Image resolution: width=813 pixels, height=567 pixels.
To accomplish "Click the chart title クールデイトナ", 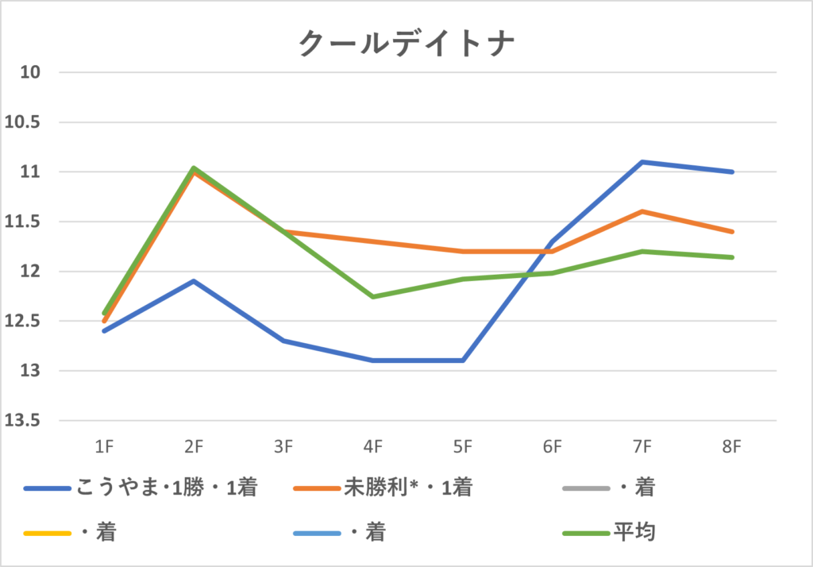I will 406,43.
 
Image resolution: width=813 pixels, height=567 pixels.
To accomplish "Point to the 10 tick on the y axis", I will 29,73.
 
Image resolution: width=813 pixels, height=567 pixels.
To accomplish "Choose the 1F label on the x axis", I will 104,448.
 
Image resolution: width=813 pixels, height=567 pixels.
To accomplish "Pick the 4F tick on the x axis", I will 373,448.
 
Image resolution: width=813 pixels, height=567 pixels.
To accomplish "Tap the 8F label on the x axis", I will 732,448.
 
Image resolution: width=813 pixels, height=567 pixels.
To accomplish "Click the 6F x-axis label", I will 553,448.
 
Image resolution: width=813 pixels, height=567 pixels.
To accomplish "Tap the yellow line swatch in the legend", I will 48,531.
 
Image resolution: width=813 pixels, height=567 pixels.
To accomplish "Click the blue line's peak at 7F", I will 642,162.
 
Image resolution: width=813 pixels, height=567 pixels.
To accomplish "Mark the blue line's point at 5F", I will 463,361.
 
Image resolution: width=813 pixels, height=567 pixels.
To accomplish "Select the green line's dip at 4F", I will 373,297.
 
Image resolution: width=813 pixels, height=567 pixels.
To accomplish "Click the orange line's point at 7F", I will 642,211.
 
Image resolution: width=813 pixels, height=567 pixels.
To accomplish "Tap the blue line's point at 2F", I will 194,281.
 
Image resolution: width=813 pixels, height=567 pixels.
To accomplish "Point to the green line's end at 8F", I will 732,257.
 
